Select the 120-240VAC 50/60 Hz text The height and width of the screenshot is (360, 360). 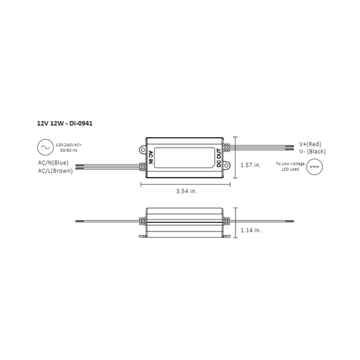pyautogui.click(x=72, y=148)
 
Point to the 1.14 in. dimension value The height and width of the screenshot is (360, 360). pyautogui.click(x=250, y=230)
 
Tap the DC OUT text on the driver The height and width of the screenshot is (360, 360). pyautogui.click(x=219, y=157)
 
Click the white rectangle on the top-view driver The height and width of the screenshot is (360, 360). pyautogui.click(x=184, y=157)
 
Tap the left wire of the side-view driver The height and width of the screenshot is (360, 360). pyautogui.click(x=112, y=221)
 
